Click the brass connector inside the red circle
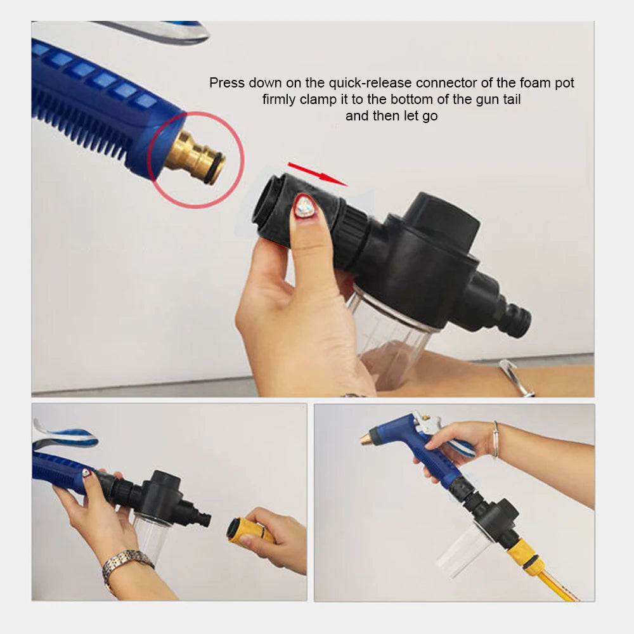195,157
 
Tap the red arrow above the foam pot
318,174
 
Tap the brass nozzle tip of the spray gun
368,439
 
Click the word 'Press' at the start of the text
227,83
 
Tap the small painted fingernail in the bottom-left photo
86,473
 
